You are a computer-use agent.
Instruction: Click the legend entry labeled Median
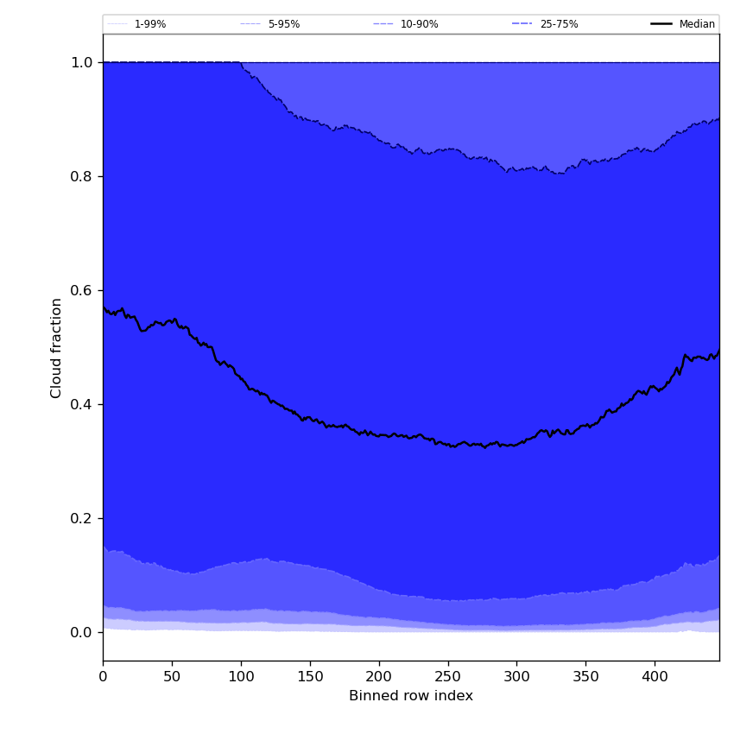[697, 24]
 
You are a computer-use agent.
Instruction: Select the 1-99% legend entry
[149, 24]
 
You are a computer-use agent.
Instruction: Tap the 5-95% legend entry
[283, 24]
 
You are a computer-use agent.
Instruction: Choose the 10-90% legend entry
[419, 24]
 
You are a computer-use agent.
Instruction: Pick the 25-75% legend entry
[559, 24]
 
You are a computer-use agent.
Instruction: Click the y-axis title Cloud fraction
[57, 347]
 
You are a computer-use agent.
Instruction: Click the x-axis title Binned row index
[411, 696]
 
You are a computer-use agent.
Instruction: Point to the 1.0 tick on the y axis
[82, 62]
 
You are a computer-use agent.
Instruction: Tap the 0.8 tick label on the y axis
[82, 176]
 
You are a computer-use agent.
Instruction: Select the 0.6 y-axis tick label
[82, 290]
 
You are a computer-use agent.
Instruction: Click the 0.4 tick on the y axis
[82, 404]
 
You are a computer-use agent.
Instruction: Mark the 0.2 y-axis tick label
[82, 518]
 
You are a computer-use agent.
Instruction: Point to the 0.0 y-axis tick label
[82, 632]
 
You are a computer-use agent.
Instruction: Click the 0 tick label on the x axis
[103, 676]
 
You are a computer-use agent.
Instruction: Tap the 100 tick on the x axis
[241, 676]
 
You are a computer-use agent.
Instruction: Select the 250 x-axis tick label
[447, 676]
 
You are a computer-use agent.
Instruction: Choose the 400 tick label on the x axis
[655, 676]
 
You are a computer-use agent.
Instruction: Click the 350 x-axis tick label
[585, 676]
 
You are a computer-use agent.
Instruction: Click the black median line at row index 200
[378, 434]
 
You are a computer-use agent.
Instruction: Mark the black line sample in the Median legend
[662, 24]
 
